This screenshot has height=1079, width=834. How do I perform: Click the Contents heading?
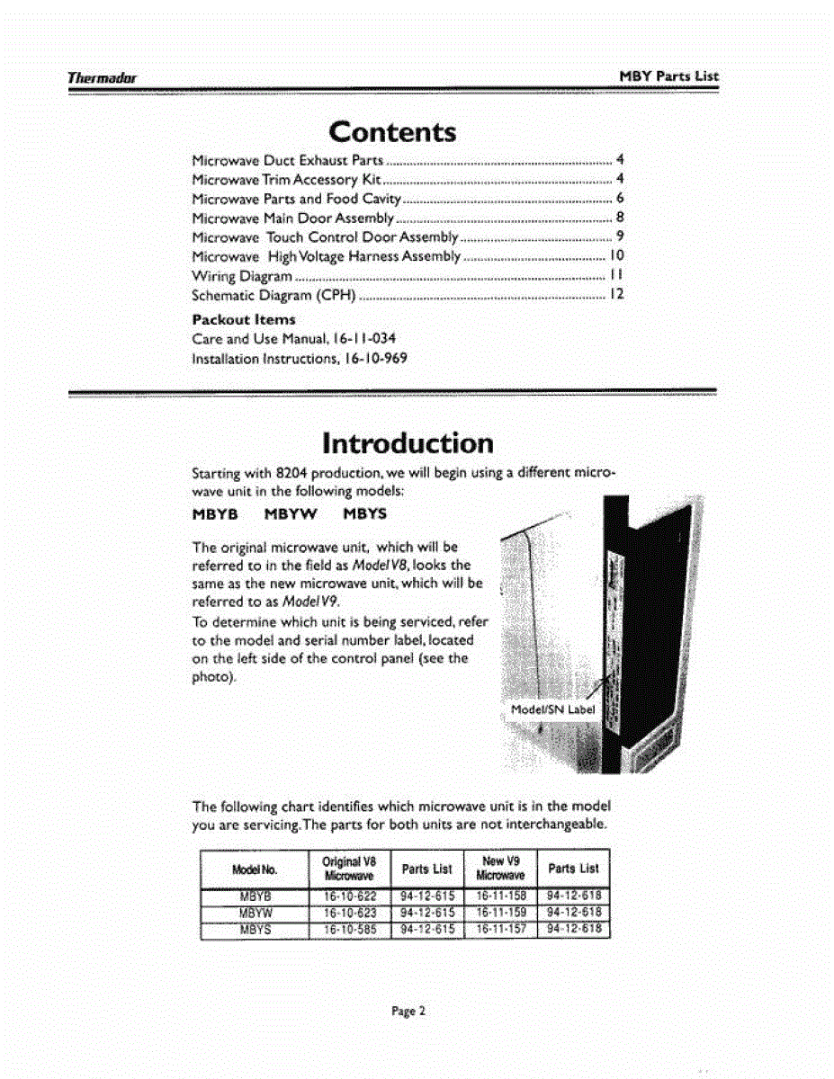click(392, 132)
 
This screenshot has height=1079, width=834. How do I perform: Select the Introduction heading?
click(408, 443)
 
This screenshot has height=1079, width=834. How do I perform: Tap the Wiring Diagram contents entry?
click(243, 276)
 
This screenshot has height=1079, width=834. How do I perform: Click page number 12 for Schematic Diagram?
click(617, 295)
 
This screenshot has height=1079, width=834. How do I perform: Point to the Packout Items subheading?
click(244, 319)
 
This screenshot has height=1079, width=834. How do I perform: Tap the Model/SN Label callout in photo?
click(553, 709)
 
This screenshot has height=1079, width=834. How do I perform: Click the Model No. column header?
click(256, 869)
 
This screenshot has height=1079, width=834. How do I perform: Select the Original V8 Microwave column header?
click(348, 868)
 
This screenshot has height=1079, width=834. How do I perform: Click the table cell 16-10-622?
click(349, 896)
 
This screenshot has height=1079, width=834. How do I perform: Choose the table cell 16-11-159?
click(500, 912)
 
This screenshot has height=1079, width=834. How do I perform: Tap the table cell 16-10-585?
click(349, 929)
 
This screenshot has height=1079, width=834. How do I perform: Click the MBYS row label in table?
click(256, 929)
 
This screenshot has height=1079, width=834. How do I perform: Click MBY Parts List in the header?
click(669, 76)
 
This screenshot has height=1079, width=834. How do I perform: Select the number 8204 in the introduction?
click(292, 473)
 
